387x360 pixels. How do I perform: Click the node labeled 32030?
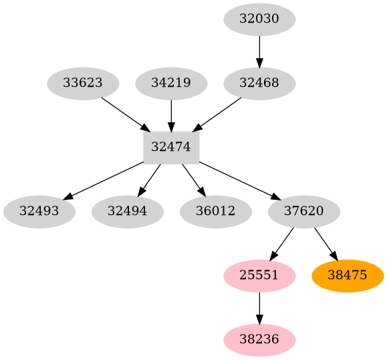[x=259, y=19]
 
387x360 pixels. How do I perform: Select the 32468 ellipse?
[x=259, y=83]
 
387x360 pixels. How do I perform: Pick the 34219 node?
[x=171, y=83]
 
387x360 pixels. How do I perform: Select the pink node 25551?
[x=259, y=276]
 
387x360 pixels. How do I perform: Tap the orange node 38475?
[x=348, y=276]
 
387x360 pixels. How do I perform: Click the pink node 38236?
[x=259, y=340]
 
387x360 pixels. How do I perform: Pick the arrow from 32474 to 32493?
[x=104, y=180]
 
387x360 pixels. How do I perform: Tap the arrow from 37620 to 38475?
[x=326, y=244]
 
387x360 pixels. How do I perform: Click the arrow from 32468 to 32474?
[x=217, y=114]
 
